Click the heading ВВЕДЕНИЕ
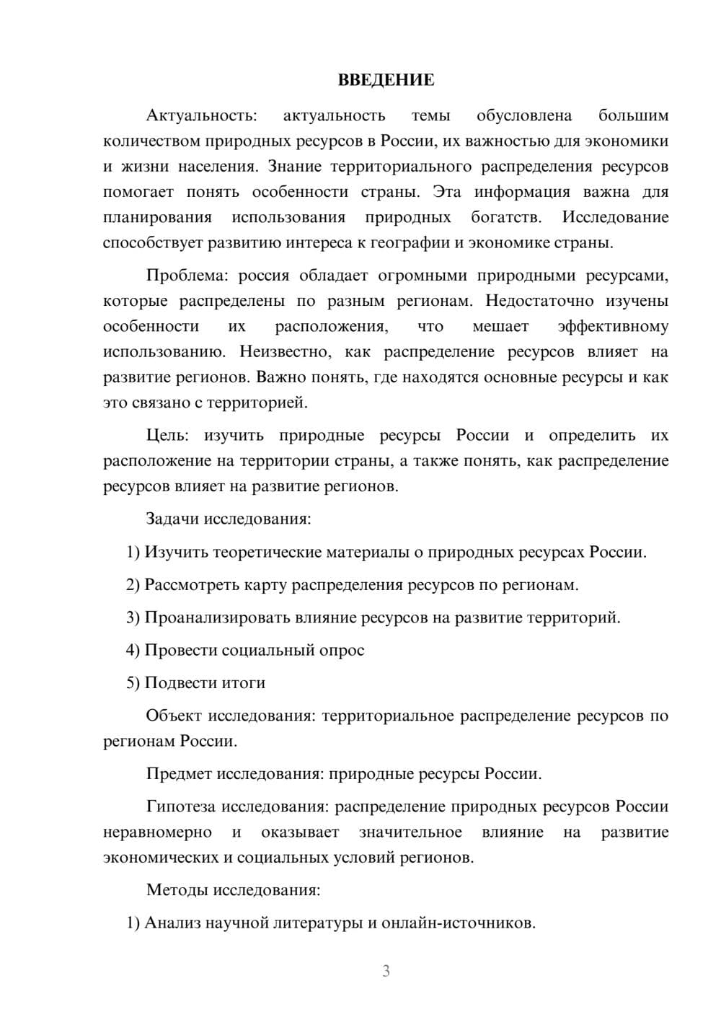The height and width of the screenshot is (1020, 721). click(386, 80)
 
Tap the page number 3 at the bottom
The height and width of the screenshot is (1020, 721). click(386, 971)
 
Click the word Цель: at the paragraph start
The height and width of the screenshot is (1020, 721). click(167, 436)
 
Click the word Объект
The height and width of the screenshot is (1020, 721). click(174, 716)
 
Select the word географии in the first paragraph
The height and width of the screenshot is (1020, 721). click(410, 243)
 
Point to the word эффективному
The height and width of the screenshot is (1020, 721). click(613, 327)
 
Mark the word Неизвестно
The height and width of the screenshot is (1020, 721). click(285, 352)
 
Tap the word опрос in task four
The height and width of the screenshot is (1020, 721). click(341, 651)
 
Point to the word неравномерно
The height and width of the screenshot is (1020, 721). click(157, 832)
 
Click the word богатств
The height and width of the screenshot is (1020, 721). click(505, 218)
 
